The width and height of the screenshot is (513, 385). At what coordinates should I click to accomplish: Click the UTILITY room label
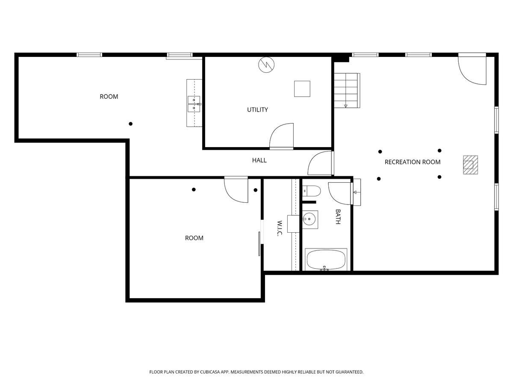[257, 110]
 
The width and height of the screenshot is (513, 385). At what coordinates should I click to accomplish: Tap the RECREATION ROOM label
[412, 162]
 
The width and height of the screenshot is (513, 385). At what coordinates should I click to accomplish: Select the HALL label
[259, 160]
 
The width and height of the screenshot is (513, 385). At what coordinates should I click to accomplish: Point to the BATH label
[338, 217]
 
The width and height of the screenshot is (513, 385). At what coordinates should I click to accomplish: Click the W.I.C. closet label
[280, 228]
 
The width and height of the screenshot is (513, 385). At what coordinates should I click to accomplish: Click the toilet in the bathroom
[312, 191]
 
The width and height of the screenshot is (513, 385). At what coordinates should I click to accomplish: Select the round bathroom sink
[309, 219]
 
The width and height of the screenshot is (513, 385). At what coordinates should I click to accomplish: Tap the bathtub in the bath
[326, 260]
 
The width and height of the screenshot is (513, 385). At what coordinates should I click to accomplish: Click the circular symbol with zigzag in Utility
[266, 65]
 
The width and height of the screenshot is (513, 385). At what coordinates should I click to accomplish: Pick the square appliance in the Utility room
[302, 89]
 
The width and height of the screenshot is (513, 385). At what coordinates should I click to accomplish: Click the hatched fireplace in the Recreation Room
[471, 165]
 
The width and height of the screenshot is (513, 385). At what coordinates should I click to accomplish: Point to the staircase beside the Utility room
[347, 90]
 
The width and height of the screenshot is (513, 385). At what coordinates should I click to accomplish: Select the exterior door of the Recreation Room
[472, 69]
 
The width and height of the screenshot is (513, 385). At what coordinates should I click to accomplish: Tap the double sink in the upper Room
[194, 104]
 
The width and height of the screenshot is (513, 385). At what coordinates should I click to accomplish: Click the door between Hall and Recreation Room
[321, 163]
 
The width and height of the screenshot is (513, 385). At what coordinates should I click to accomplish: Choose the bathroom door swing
[340, 193]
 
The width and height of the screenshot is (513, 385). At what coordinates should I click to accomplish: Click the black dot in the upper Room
[131, 124]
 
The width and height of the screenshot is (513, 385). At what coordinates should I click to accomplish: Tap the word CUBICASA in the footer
[210, 372]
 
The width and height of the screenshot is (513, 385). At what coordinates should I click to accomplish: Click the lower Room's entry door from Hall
[236, 190]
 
